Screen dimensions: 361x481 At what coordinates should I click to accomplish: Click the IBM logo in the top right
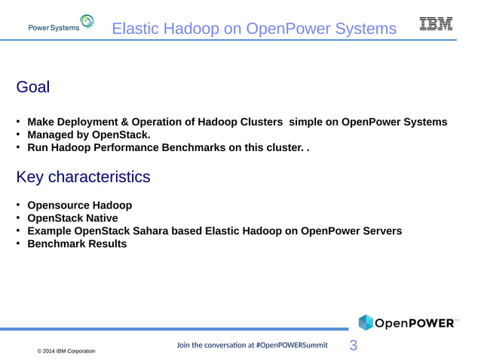tap(436, 24)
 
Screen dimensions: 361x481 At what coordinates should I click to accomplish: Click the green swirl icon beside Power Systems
tap(87, 22)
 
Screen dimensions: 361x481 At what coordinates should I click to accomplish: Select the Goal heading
tap(33, 87)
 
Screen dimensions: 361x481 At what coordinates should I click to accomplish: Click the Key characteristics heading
tap(83, 177)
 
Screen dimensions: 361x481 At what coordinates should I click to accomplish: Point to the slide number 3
tap(353, 346)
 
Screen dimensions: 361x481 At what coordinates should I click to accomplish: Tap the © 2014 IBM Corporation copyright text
tap(66, 352)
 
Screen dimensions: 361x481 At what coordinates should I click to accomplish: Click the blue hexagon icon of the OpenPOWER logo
tap(366, 322)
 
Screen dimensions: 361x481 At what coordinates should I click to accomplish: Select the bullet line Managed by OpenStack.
tap(89, 135)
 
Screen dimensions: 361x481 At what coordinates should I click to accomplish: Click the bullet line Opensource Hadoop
tap(80, 205)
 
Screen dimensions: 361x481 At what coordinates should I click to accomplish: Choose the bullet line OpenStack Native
tap(72, 218)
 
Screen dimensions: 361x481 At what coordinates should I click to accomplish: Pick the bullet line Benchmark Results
tap(77, 244)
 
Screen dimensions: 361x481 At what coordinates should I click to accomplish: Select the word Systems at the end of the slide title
tap(367, 29)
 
